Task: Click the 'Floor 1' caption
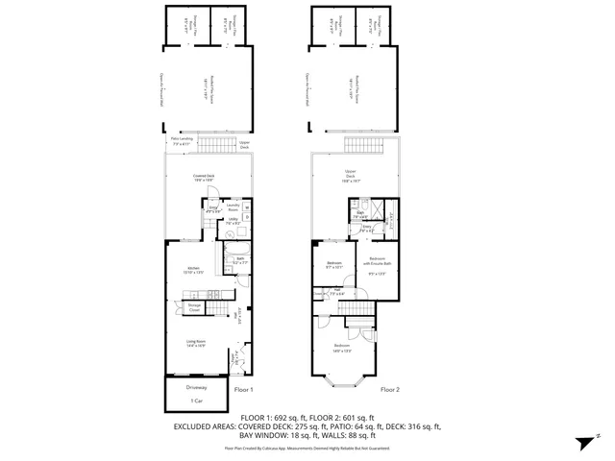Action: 243,390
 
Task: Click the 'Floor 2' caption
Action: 389,390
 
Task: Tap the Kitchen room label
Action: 192,270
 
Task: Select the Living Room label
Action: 197,342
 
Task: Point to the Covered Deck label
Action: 203,177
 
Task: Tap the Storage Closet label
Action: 194,307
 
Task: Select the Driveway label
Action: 196,386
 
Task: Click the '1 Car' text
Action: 196,400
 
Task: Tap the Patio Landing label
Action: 182,141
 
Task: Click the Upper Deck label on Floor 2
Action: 350,176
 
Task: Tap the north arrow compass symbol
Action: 583,443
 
